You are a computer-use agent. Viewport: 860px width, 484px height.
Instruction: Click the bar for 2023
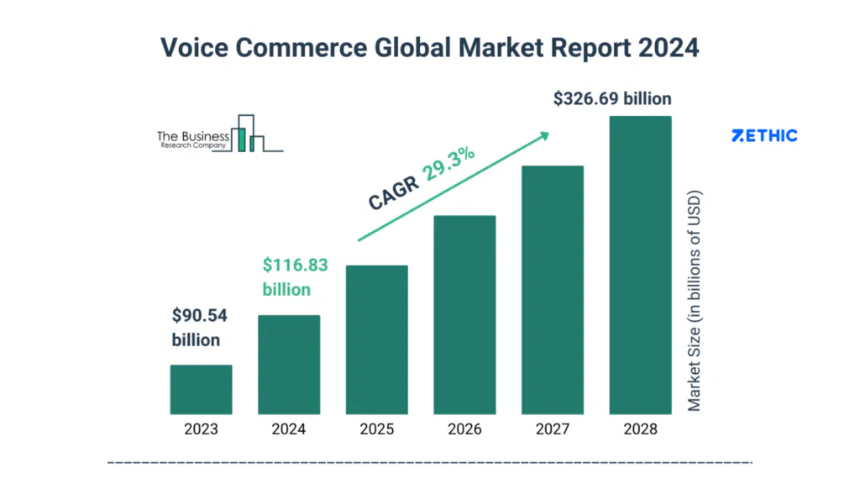pyautogui.click(x=201, y=390)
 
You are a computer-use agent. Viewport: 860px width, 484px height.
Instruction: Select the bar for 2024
pyautogui.click(x=289, y=365)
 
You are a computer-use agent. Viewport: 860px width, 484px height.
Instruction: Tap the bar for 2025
pyautogui.click(x=377, y=340)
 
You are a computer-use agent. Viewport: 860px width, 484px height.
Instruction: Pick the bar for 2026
pyautogui.click(x=464, y=315)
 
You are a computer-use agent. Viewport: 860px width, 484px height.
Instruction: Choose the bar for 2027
pyautogui.click(x=553, y=290)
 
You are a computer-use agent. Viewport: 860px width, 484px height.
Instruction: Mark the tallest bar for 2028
pyautogui.click(x=640, y=266)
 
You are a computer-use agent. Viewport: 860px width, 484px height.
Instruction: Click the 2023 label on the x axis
pyautogui.click(x=201, y=429)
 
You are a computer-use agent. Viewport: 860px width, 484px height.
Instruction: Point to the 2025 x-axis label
pyautogui.click(x=377, y=429)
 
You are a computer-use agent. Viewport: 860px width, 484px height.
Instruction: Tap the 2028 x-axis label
pyautogui.click(x=640, y=429)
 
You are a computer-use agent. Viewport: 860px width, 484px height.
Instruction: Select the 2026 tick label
pyautogui.click(x=464, y=429)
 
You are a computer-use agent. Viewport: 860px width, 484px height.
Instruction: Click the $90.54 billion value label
pyautogui.click(x=200, y=328)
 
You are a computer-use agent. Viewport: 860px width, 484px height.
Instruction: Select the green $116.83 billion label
pyautogui.click(x=295, y=277)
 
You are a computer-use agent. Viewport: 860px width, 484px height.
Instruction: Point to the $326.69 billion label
pyautogui.click(x=612, y=98)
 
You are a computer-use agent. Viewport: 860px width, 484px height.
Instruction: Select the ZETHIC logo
pyautogui.click(x=764, y=135)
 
